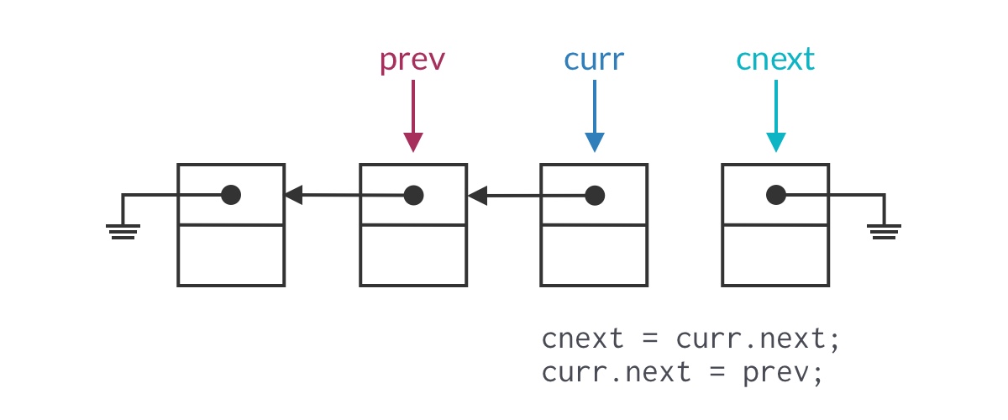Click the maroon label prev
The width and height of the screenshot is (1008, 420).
[x=412, y=60]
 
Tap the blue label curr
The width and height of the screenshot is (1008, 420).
[x=594, y=60]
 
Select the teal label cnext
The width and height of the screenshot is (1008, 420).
[x=775, y=60]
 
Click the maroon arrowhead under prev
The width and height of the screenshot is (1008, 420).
[x=412, y=142]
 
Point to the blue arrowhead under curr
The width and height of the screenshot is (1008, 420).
[x=594, y=142]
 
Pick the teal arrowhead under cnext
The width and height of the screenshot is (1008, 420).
[x=775, y=142]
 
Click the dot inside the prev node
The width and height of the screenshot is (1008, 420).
[x=412, y=196]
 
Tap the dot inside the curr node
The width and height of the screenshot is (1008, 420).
[x=594, y=196]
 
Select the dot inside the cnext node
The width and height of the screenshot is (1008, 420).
[x=775, y=196]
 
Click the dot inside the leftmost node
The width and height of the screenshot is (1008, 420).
[x=231, y=196]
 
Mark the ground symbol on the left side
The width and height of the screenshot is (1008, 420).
[x=123, y=231]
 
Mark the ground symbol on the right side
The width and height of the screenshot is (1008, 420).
[x=884, y=231]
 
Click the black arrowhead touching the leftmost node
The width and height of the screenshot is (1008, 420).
[x=293, y=196]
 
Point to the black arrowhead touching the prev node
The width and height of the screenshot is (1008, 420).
[x=476, y=197]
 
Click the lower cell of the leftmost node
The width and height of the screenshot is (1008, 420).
[x=231, y=255]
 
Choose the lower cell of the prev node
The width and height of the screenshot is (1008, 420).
[x=412, y=255]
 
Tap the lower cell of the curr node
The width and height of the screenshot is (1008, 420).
[x=593, y=255]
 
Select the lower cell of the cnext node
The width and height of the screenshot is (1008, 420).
[x=775, y=255]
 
